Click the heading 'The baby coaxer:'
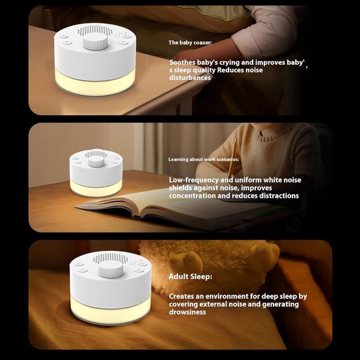[x=190, y=43]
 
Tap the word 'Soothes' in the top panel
[x=183, y=62]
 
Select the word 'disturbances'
[x=190, y=78]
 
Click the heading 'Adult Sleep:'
[x=190, y=277]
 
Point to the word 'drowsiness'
[x=187, y=312]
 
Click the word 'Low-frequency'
[x=194, y=180]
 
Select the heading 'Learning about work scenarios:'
[x=204, y=159]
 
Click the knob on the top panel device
[x=96, y=41]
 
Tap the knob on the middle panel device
[x=96, y=162]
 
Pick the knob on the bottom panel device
[x=111, y=269]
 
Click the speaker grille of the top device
[x=92, y=30]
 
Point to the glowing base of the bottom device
[x=111, y=310]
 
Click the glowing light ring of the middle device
[x=96, y=189]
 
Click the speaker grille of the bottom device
[x=110, y=259]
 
